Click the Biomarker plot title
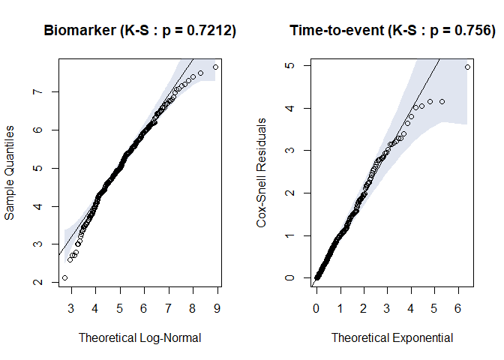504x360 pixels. [x=140, y=31]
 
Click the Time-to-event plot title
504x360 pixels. [x=392, y=31]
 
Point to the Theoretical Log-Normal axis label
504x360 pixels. [x=140, y=337]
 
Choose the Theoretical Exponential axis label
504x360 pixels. [x=392, y=337]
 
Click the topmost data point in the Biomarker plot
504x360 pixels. [x=215, y=67]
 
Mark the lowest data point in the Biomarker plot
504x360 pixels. [x=64, y=277]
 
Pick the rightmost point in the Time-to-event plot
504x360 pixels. [x=467, y=67]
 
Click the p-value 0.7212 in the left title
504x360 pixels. [x=211, y=31]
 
